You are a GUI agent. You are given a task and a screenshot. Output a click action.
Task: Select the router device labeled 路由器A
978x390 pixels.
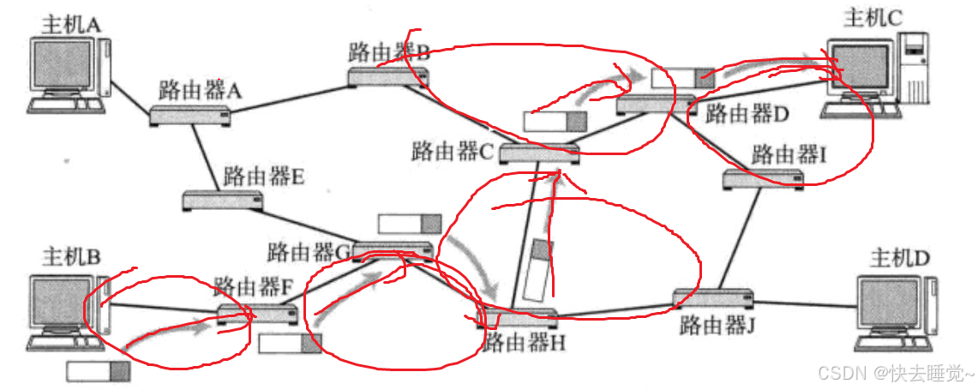190,116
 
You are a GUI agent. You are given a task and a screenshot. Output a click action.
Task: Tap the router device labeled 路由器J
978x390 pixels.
713,299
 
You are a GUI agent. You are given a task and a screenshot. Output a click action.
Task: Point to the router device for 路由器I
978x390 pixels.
763,178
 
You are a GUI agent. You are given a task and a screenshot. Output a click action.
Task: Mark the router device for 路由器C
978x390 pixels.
538,153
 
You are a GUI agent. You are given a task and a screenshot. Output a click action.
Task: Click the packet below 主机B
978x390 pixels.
98,371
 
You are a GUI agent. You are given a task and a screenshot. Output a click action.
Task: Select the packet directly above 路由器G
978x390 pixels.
410,225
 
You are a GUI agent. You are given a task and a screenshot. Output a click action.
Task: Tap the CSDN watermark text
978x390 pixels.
895,375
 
